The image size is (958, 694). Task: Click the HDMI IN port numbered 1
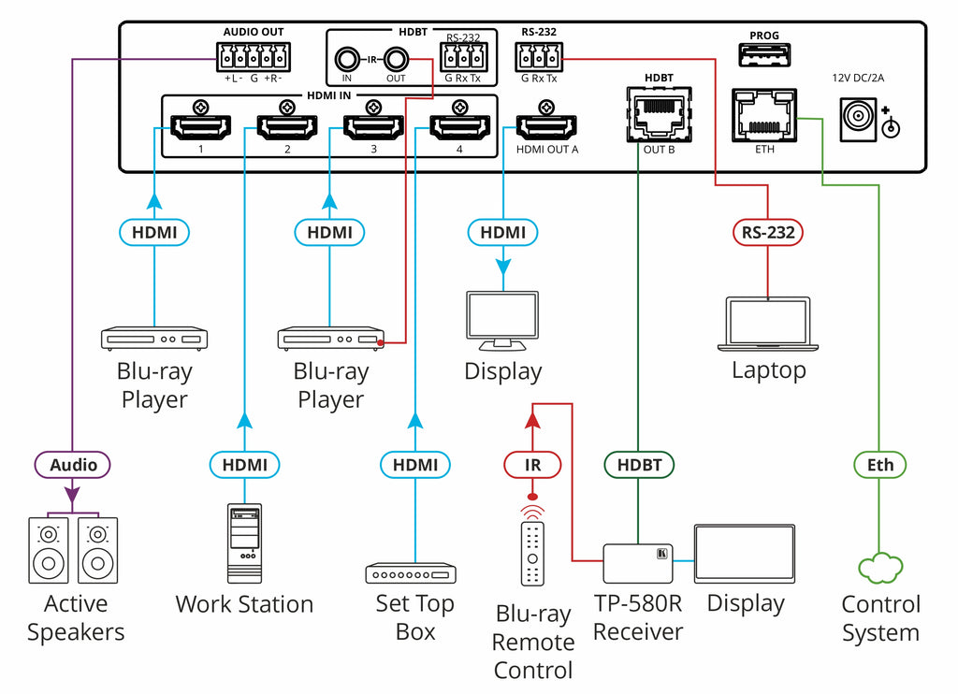click(198, 126)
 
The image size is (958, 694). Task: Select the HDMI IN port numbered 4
click(458, 126)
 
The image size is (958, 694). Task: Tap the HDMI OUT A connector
click(546, 125)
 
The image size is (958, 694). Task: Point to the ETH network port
click(764, 114)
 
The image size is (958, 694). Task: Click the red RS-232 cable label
click(768, 231)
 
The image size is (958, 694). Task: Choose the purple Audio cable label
click(73, 465)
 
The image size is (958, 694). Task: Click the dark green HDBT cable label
click(639, 465)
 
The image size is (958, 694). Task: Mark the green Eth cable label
click(880, 465)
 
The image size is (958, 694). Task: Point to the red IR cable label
click(532, 465)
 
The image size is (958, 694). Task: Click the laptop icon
click(768, 324)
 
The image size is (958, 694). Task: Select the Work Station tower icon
click(244, 542)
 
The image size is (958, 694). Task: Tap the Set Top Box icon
click(410, 573)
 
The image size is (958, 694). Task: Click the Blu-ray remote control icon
click(532, 553)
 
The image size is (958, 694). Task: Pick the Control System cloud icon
click(880, 568)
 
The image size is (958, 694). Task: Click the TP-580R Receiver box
click(640, 562)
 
